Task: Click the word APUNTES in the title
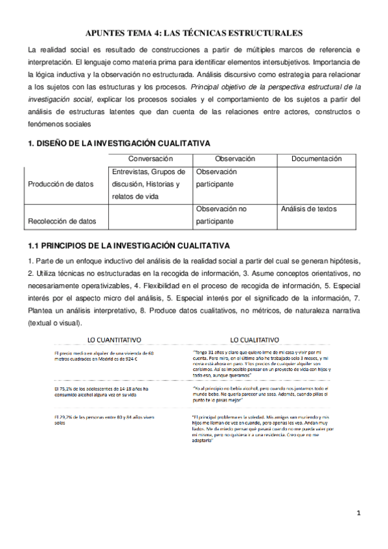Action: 106,33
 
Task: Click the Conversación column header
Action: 150,159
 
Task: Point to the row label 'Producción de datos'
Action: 61,184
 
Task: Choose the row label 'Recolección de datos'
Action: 62,221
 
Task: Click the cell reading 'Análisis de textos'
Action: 309,209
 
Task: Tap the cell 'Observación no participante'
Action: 220,215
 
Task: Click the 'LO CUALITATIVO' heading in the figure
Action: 255,340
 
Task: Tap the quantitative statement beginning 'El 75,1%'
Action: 102,392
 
